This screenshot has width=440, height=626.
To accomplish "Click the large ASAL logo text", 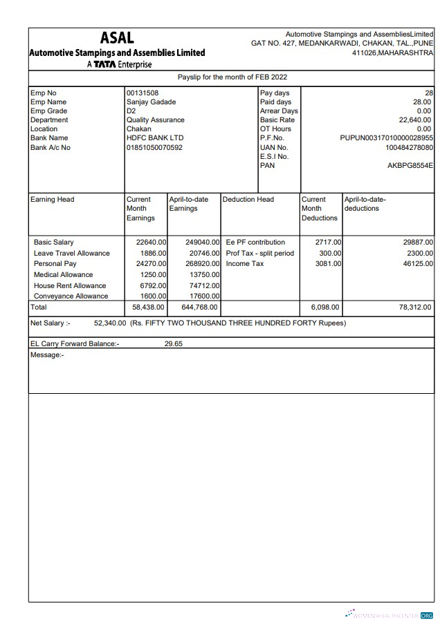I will click(x=117, y=38).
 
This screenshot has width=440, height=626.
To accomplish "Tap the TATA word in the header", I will click(x=106, y=65).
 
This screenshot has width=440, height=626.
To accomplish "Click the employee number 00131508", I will click(x=142, y=93).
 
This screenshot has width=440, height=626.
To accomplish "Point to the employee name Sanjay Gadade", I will click(x=150, y=102).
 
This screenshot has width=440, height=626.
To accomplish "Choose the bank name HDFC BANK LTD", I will click(x=154, y=138).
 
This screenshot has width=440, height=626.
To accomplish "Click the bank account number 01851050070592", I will click(x=154, y=147).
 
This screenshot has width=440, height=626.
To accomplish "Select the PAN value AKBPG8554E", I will click(x=410, y=166).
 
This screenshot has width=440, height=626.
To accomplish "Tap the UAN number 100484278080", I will click(x=409, y=148).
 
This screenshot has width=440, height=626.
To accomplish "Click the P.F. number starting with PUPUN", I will click(x=387, y=138).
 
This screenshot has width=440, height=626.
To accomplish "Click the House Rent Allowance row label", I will click(x=70, y=285).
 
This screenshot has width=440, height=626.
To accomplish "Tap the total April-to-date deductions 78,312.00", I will click(x=415, y=307).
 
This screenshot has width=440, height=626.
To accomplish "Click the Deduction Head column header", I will click(x=248, y=200).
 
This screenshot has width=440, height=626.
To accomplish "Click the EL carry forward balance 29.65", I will click(x=173, y=343).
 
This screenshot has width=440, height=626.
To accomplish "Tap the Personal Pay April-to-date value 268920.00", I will click(x=203, y=264).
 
